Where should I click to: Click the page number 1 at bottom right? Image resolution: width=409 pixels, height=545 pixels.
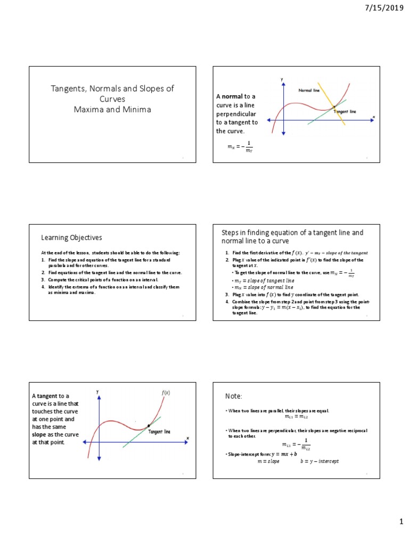pyautogui.click(x=402, y=523)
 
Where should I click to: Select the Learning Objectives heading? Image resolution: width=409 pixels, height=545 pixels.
pyautogui.click(x=71, y=237)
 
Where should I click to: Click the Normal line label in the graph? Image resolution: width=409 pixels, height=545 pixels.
pyautogui.click(x=309, y=90)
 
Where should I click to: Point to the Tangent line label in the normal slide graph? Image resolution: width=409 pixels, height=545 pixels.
pyautogui.click(x=345, y=111)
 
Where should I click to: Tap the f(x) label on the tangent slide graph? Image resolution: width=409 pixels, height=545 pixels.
pyautogui.click(x=166, y=393)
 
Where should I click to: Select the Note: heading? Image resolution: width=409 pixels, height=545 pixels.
pyautogui.click(x=234, y=397)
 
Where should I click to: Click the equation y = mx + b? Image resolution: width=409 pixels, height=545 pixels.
pyautogui.click(x=284, y=454)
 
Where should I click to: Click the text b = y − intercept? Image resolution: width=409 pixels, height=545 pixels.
pyautogui.click(x=320, y=461)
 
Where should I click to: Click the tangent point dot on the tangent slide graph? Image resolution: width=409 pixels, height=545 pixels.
pyautogui.click(x=149, y=426)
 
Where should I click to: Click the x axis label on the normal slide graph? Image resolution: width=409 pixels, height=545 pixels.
pyautogui.click(x=373, y=117)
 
